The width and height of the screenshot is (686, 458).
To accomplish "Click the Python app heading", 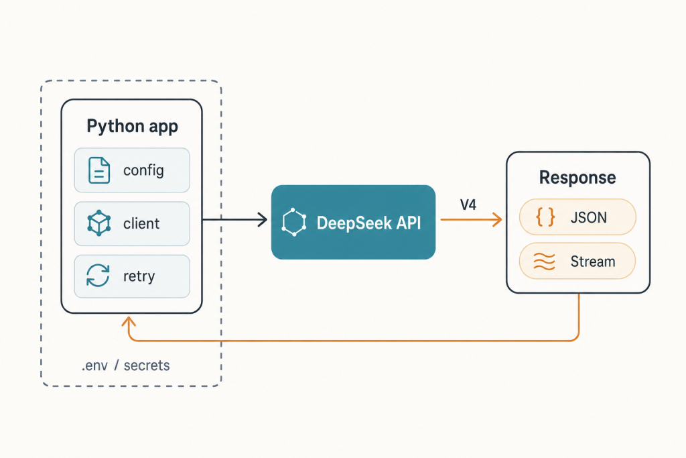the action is (x=132, y=127).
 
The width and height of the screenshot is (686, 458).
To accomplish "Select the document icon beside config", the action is (x=99, y=170).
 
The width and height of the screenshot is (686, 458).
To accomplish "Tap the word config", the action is (x=143, y=170).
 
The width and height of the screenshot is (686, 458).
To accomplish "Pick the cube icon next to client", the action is (x=99, y=223).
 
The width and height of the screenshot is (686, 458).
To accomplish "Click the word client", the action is (x=141, y=223).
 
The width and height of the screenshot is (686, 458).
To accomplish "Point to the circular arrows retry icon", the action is (x=98, y=276).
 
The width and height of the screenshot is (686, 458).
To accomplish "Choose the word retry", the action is (x=139, y=276).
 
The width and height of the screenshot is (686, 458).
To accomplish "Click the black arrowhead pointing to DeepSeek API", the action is (x=263, y=219).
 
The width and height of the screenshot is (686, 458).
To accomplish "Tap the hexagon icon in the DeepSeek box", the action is (x=294, y=223).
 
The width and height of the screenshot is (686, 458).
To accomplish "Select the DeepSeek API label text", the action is (x=368, y=223).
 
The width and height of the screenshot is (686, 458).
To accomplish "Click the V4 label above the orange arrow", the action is (x=468, y=205).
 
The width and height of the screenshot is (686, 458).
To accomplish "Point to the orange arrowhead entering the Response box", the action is (x=497, y=219).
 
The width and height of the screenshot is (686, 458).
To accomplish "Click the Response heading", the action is (x=577, y=177).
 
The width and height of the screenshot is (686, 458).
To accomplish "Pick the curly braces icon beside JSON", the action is (x=545, y=217).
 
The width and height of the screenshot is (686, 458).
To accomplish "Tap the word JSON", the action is (x=588, y=217).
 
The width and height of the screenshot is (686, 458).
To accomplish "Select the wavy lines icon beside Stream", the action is (x=545, y=262).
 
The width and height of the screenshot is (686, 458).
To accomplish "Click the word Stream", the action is (x=593, y=262).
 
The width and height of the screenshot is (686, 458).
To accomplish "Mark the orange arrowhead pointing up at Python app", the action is (x=128, y=322).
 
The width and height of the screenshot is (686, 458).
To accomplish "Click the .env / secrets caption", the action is (x=125, y=365).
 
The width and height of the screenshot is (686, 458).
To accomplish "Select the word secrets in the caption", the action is (x=147, y=365).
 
